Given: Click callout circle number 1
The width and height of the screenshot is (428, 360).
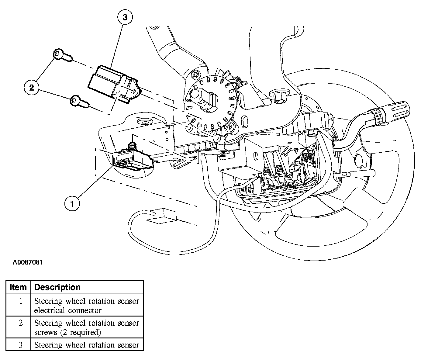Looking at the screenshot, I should point(72,203).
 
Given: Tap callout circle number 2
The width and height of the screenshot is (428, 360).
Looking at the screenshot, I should point(31,88).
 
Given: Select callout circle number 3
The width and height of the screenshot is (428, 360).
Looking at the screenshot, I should point(125,17).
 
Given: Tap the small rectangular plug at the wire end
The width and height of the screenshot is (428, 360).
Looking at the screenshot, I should point(161,215).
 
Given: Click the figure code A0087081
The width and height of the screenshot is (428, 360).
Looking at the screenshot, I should point(27,262).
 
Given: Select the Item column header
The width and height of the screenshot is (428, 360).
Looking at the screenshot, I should point(18,287).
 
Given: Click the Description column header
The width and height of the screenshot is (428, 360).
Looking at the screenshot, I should point(57,287).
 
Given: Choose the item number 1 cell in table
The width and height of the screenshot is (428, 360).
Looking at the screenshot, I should point(20,301).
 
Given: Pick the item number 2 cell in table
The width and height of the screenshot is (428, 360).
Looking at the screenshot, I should point(20,323).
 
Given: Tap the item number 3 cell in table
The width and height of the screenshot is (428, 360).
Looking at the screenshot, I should point(20,345).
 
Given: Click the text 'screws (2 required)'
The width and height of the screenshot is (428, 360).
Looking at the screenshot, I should point(67,332).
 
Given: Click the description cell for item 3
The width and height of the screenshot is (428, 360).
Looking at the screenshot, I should point(87,345).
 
